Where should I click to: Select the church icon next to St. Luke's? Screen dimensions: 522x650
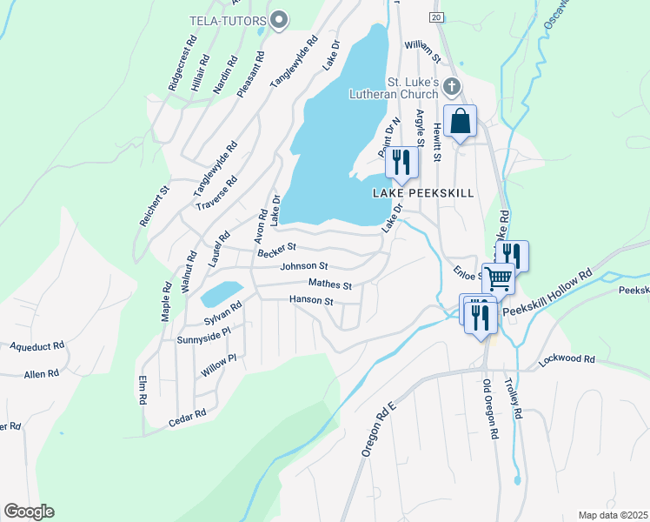[x=450, y=86]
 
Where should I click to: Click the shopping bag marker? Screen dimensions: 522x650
[x=461, y=122]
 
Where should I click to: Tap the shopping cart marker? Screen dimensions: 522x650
[x=498, y=279]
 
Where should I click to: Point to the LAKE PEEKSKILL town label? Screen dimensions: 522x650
[x=424, y=193]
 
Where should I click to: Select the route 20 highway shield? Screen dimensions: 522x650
[x=435, y=17]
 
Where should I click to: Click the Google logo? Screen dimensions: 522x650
[x=29, y=512]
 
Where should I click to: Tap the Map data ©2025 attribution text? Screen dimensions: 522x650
[x=613, y=515]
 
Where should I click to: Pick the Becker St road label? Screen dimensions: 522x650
[x=277, y=251]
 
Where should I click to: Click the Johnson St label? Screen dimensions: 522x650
[x=304, y=266]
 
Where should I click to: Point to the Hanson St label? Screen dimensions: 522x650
[x=311, y=301]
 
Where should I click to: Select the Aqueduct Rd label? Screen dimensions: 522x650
[x=37, y=345]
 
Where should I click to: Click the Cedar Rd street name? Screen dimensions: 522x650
[x=187, y=418]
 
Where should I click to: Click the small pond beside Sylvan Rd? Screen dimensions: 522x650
[x=221, y=293]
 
